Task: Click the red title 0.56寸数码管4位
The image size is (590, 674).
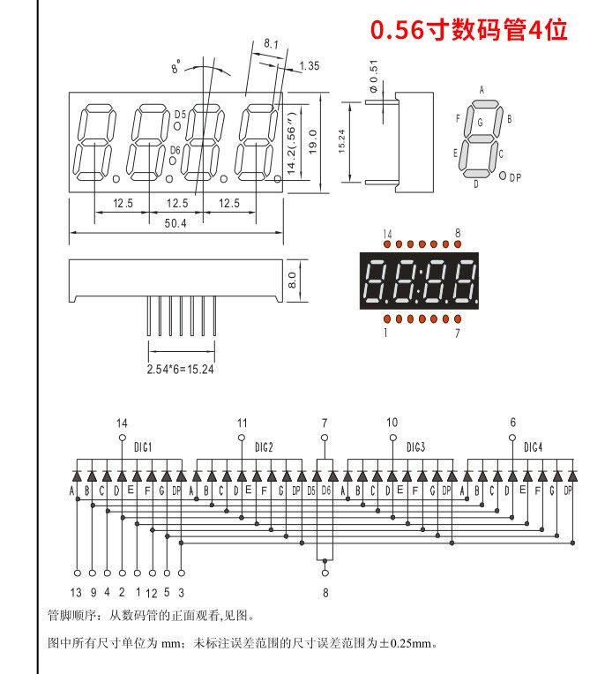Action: [469, 30]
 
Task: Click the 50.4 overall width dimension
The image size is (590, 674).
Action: [176, 223]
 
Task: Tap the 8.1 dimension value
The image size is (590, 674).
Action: [271, 44]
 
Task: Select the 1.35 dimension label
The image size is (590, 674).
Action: [310, 66]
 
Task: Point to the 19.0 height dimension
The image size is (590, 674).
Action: [312, 142]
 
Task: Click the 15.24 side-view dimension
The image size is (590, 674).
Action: [341, 141]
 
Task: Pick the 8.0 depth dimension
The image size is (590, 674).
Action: [292, 280]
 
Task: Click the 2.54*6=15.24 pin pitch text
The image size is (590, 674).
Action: [181, 370]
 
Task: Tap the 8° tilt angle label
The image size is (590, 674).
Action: [176, 67]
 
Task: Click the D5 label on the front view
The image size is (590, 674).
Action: [180, 115]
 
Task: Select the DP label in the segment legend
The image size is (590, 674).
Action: [515, 177]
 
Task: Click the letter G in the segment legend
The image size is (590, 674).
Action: [480, 123]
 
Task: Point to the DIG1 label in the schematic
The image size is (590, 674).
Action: [143, 447]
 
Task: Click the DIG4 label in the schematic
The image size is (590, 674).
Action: [533, 447]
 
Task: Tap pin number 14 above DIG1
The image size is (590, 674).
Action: [122, 423]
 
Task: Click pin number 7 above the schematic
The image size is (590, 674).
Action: [325, 423]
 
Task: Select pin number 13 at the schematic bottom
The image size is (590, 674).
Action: [76, 593]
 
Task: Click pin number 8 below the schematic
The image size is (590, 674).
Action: [325, 593]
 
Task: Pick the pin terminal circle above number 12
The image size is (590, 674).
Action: [152, 573]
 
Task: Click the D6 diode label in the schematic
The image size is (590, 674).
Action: [326, 490]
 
